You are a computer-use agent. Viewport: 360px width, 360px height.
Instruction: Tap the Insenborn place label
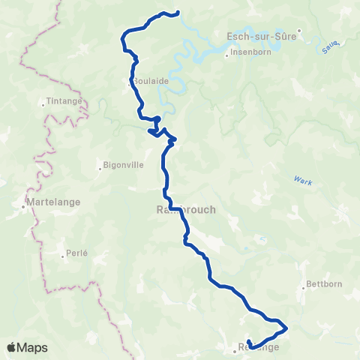pos(247,52)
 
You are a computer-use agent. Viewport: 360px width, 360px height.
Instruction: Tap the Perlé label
pos(76,253)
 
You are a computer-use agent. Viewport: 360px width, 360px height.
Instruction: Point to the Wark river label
pos(302,180)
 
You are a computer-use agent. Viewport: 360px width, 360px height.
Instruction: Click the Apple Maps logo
pos(28,347)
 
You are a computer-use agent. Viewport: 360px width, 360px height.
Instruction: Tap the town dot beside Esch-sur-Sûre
pos(298,32)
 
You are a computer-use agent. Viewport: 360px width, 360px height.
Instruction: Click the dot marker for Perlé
pos(64,254)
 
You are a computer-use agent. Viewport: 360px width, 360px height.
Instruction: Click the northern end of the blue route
pos(179,11)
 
